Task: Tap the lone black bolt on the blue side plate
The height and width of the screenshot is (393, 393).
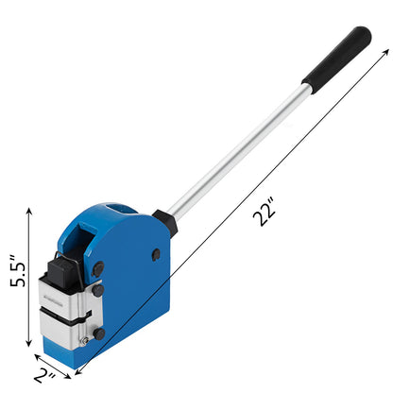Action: tap(156, 254)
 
